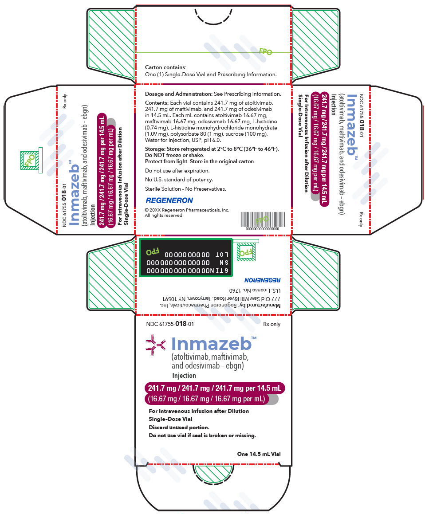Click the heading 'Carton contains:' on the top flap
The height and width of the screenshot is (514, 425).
pyautogui.click(x=165, y=67)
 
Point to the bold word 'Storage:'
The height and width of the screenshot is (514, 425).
pyautogui.click(x=155, y=149)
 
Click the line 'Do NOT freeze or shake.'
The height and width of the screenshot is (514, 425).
pyautogui.click(x=174, y=155)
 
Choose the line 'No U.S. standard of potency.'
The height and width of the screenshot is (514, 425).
pyautogui.click(x=179, y=180)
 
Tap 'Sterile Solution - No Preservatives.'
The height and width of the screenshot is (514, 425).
pyautogui.click(x=185, y=189)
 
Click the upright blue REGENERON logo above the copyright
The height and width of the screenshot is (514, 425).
pyautogui.click(x=169, y=200)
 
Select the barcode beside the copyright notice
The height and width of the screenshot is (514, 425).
pyautogui.click(x=263, y=219)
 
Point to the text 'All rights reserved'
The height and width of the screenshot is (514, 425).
pyautogui.click(x=164, y=216)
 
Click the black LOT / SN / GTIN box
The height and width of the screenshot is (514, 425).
pyautogui.click(x=185, y=258)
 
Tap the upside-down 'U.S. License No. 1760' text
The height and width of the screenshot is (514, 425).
pyautogui.click(x=255, y=290)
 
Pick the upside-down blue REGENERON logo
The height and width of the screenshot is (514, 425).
pyautogui.click(x=262, y=280)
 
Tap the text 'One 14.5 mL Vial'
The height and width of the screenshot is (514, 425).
pyautogui.click(x=259, y=454)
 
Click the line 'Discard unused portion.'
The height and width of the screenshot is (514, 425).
pyautogui.click(x=179, y=428)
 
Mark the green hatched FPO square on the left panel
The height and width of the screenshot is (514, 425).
pyautogui.click(x=30, y=160)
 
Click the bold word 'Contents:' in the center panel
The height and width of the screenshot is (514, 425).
pyautogui.click(x=157, y=103)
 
